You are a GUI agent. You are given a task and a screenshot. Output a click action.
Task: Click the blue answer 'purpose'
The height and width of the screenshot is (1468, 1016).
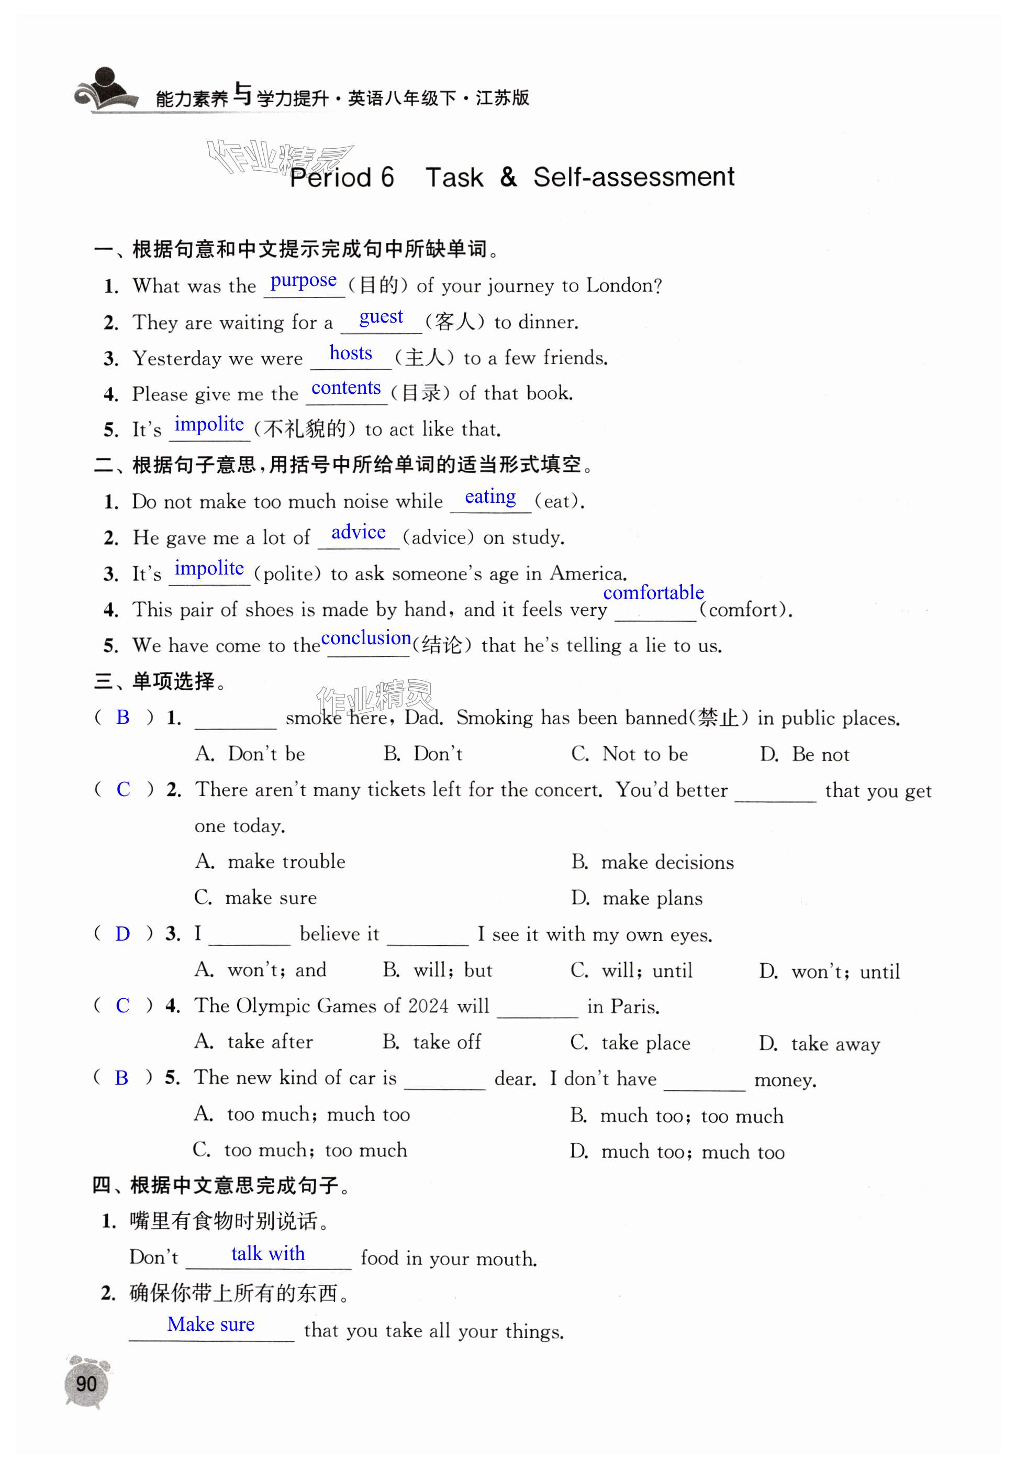click(304, 281)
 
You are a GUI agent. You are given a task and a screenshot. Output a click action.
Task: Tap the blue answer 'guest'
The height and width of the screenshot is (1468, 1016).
click(381, 317)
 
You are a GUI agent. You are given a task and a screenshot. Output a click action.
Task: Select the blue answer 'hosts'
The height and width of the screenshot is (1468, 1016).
click(350, 353)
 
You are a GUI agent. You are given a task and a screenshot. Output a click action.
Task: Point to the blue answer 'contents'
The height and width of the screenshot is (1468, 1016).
click(345, 388)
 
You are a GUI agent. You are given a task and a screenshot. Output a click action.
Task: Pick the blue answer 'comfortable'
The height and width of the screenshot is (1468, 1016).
click(653, 593)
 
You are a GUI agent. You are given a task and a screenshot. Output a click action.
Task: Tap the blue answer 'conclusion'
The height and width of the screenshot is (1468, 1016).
click(366, 637)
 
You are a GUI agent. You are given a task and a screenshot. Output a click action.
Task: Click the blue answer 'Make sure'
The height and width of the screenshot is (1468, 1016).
click(211, 1324)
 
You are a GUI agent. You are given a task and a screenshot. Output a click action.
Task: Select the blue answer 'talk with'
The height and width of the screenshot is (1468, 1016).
click(268, 1253)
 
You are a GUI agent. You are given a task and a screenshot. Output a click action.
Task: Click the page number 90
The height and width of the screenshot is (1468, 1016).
click(86, 1383)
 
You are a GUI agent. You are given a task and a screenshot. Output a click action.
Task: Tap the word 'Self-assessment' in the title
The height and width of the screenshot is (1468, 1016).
click(633, 177)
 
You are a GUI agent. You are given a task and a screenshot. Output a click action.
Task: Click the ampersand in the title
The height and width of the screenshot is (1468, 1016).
click(508, 177)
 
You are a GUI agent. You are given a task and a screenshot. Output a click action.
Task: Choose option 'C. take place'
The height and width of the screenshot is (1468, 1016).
click(630, 1043)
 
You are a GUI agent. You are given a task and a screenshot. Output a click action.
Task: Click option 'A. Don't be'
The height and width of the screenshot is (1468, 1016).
click(250, 754)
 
